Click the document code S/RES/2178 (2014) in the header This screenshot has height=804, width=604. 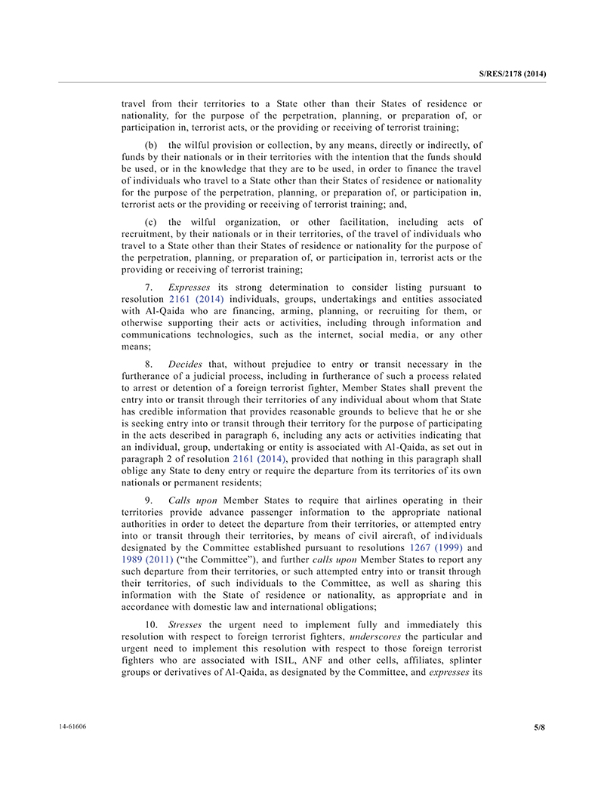click(x=512, y=73)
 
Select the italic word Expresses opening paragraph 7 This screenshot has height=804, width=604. click(x=189, y=287)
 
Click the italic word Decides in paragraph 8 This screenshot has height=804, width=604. click(x=185, y=364)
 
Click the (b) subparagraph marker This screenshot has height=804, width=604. click(x=152, y=145)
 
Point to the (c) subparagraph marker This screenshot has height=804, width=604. click(x=152, y=222)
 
